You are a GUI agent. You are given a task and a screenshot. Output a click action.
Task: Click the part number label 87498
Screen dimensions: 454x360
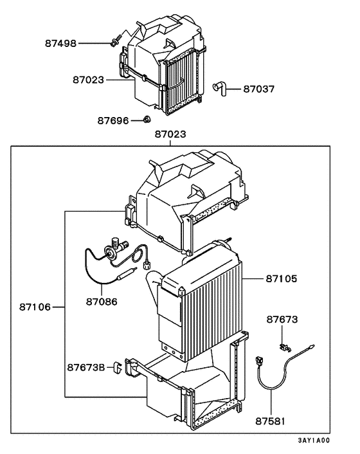[x=60, y=43]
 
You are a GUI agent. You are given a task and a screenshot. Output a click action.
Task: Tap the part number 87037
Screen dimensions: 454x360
[x=258, y=89]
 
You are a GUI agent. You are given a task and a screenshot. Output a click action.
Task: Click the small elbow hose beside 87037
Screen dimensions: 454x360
[x=220, y=88]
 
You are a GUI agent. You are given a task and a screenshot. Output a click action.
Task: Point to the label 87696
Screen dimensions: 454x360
[x=113, y=120]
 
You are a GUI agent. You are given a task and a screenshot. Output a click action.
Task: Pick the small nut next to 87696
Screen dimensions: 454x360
[x=147, y=119]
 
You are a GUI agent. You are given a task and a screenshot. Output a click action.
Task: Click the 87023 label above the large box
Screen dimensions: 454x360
[x=170, y=134]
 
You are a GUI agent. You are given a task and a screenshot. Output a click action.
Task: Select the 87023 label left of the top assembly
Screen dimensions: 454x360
[x=87, y=80]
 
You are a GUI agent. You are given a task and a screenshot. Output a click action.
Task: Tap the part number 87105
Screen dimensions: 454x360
[x=282, y=278]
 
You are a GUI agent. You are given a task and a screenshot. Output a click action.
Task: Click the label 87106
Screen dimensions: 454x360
[x=35, y=307]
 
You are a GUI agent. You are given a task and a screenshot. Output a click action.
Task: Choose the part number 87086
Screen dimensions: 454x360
[x=102, y=300]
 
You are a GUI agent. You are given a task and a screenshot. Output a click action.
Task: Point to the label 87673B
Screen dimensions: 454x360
[x=86, y=367]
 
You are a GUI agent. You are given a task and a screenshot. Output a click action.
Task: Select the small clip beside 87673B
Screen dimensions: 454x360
[x=118, y=367]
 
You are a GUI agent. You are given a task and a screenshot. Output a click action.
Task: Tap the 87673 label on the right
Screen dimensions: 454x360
[x=282, y=319]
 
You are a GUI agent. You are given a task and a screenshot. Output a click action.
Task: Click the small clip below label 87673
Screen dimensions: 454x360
[x=282, y=347]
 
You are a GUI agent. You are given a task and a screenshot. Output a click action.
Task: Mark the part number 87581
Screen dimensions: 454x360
[x=271, y=421]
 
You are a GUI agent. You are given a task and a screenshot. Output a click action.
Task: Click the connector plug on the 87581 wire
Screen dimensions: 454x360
[x=260, y=362]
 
